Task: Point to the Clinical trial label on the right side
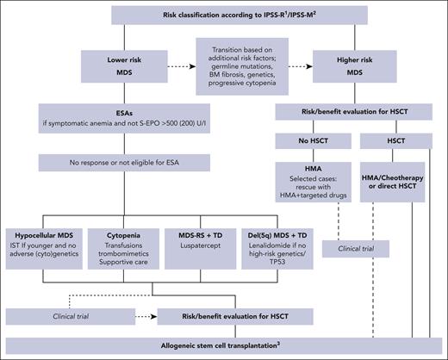(x=351, y=249)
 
